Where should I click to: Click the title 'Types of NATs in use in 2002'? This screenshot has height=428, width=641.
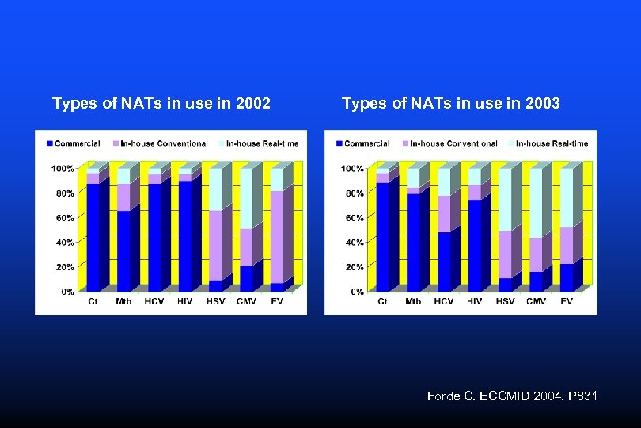(161, 103)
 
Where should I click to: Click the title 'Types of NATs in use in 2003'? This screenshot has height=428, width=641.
(451, 103)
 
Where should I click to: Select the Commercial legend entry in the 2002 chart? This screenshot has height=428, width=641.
(74, 143)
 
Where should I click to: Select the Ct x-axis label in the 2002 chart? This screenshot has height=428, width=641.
(93, 301)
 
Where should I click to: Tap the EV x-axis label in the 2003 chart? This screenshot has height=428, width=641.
(567, 301)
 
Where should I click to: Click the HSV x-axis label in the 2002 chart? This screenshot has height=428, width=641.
(215, 301)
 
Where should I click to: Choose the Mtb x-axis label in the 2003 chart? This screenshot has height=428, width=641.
(413, 301)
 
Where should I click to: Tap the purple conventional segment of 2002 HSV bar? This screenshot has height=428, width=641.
(215, 245)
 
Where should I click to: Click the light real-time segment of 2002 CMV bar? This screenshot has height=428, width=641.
(246, 199)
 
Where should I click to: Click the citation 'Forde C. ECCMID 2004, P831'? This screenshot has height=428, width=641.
(512, 395)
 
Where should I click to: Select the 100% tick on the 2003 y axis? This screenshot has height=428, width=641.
(353, 168)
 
